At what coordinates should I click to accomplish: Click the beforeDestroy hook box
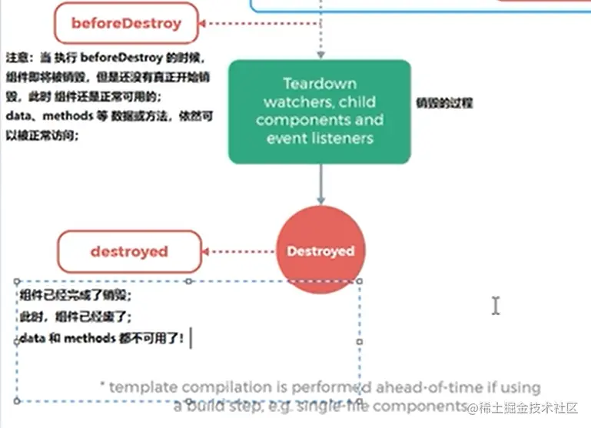click(x=126, y=23)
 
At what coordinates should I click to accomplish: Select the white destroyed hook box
click(x=129, y=251)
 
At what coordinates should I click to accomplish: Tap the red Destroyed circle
click(x=320, y=251)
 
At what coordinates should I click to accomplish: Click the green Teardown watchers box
click(x=320, y=111)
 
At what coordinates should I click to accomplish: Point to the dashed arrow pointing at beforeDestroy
click(x=261, y=23)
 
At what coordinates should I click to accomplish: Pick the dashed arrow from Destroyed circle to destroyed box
click(x=241, y=251)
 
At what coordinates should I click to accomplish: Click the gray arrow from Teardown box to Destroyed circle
click(x=320, y=184)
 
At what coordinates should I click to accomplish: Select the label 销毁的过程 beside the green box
click(x=444, y=102)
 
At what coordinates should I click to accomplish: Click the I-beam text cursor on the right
click(x=496, y=306)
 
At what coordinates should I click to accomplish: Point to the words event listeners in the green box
click(x=320, y=138)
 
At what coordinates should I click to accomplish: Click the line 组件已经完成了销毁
click(x=76, y=295)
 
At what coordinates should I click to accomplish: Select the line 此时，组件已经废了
click(x=76, y=316)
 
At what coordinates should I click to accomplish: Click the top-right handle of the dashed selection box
click(x=360, y=282)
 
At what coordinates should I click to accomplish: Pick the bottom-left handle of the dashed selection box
click(x=16, y=400)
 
